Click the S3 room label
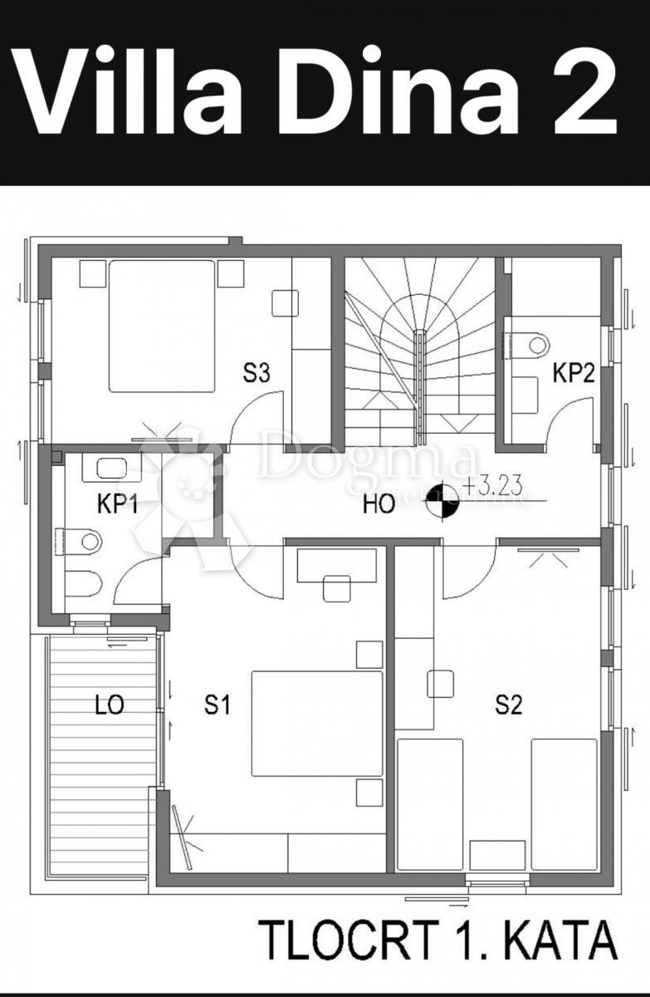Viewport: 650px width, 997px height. pyautogui.click(x=257, y=373)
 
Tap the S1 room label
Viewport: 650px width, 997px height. pyautogui.click(x=217, y=705)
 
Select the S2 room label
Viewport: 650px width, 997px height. pyautogui.click(x=508, y=705)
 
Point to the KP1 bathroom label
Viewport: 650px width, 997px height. pyautogui.click(x=118, y=505)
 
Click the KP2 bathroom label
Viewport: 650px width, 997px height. pyautogui.click(x=574, y=373)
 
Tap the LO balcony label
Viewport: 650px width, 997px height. pyautogui.click(x=109, y=705)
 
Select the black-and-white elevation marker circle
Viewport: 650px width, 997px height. pyautogui.click(x=440, y=502)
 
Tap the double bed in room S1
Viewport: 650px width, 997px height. pyautogui.click(x=317, y=723)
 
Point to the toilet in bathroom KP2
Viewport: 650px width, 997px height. pyautogui.click(x=530, y=344)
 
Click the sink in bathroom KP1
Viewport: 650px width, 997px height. pyautogui.click(x=110, y=469)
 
